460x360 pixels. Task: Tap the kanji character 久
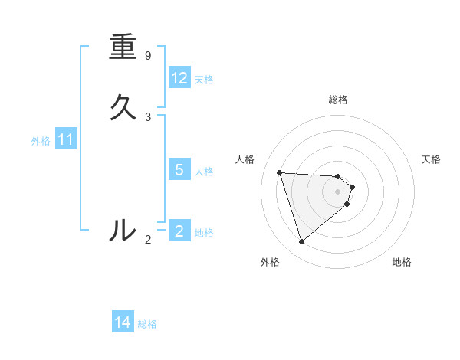coord(123,108)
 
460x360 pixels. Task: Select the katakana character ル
coord(123,229)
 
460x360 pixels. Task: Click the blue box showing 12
coord(179,78)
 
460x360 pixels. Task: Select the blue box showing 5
coord(179,170)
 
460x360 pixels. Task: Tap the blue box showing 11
coord(66,139)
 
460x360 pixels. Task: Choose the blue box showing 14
coord(123,323)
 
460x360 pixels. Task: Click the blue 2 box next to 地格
coord(179,231)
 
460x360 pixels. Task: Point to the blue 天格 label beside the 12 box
coord(204,80)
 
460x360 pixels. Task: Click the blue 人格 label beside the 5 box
coord(205,171)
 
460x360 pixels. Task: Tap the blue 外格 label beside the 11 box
coord(41,141)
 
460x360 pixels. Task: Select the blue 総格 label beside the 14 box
coord(147,324)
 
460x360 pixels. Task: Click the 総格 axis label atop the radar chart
coord(338,100)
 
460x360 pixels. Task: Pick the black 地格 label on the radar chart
coord(402,262)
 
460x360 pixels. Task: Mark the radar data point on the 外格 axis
coord(301,242)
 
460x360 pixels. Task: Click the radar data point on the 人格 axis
coord(279,172)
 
